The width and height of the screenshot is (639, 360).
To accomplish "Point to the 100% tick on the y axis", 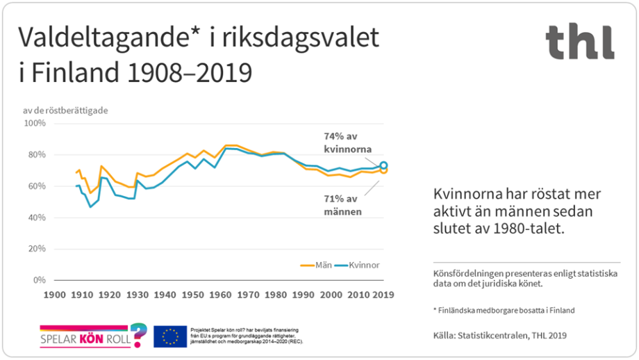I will click(x=35, y=124).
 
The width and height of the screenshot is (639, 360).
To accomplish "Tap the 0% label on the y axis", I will click(x=39, y=280).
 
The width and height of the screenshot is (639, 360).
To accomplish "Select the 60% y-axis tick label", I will click(x=36, y=186).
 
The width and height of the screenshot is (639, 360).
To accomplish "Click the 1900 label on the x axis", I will click(x=54, y=295).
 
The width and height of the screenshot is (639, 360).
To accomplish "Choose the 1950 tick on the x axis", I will click(x=192, y=295).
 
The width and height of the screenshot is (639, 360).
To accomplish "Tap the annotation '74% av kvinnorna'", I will click(x=349, y=142).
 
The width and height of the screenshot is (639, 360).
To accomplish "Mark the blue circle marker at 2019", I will click(x=383, y=166).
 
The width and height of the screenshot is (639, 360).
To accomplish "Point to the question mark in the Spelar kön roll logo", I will click(x=138, y=334).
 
